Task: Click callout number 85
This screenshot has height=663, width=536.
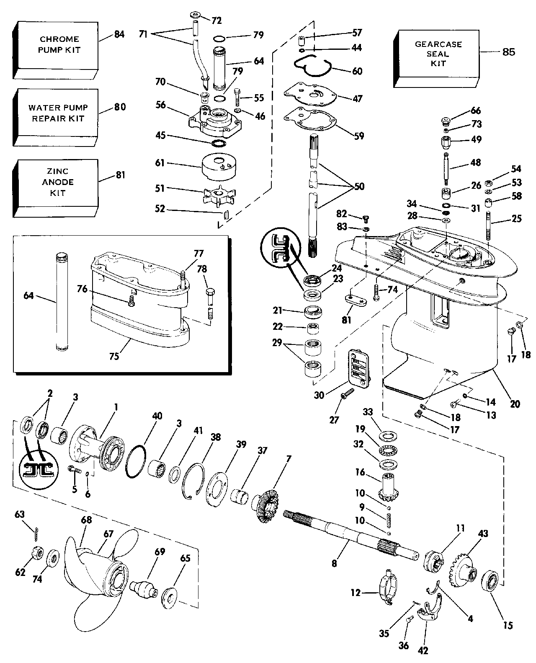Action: point(508,52)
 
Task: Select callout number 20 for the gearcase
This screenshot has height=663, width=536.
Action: point(515,404)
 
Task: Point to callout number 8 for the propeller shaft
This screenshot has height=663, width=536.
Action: point(334,563)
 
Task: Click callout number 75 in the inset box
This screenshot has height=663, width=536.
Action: point(114,356)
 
